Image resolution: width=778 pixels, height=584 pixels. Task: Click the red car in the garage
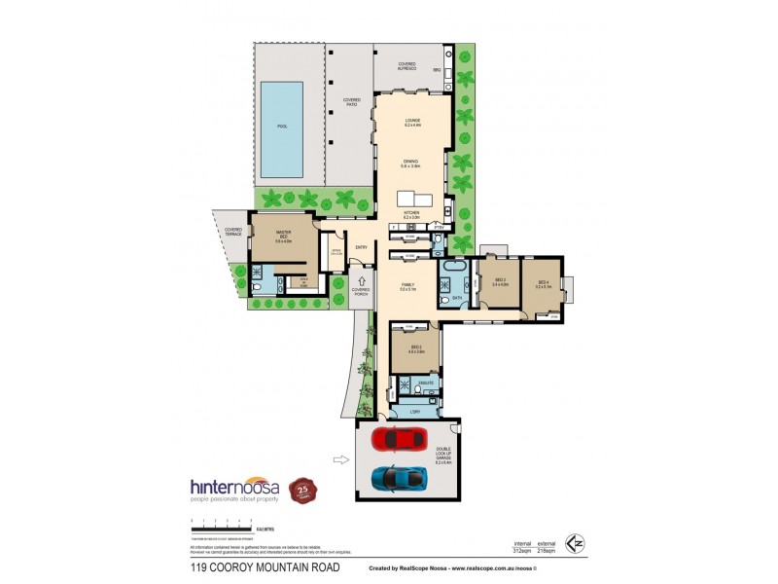(400, 440)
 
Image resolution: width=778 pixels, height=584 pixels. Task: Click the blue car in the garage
(398, 477)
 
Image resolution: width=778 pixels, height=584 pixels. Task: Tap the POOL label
(282, 127)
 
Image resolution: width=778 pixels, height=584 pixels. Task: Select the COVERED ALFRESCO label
(407, 65)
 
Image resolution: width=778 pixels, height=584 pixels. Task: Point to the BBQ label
(437, 71)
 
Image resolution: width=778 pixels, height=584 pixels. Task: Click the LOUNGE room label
(412, 122)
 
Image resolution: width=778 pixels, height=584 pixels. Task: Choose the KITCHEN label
(412, 213)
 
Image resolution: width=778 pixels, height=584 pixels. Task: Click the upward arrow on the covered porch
(361, 280)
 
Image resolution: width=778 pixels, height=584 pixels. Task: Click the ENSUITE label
(425, 384)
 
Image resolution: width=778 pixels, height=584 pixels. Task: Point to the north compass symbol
(578, 541)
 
